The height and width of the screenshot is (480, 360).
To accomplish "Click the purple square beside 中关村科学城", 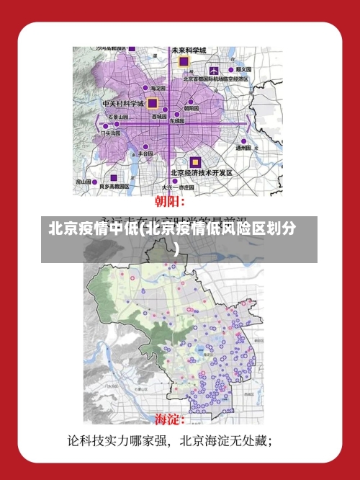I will (x=153, y=103).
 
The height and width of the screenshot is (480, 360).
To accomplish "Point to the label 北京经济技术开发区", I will (x=201, y=173).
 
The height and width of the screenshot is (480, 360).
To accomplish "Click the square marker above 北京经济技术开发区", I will (x=194, y=162).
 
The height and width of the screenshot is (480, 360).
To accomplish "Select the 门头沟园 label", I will (x=111, y=133).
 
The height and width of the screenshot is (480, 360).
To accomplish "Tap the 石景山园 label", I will (x=118, y=116).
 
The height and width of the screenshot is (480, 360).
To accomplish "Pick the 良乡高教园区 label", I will (x=114, y=186).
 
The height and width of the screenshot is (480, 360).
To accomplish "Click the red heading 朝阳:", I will (x=171, y=201).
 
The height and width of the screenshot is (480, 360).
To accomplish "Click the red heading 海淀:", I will (x=170, y=419).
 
